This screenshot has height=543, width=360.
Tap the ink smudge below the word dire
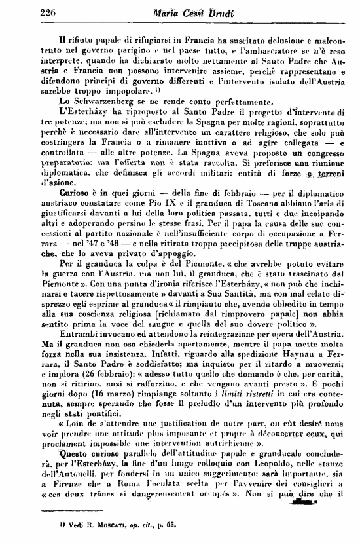tap(304, 485)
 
